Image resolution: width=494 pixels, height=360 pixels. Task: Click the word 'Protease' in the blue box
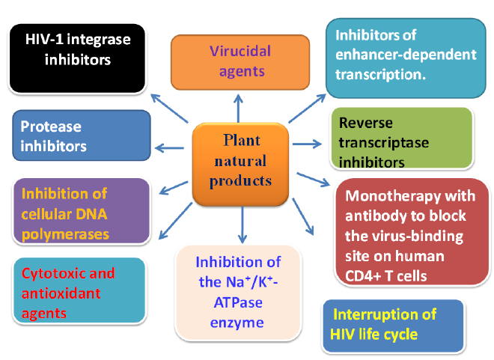point(51,127)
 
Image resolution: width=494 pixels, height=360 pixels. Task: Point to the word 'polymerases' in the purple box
point(65,234)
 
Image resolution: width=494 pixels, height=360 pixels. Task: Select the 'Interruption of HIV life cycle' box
point(394,324)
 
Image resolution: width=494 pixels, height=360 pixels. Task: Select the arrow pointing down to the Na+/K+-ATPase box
point(242,222)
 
